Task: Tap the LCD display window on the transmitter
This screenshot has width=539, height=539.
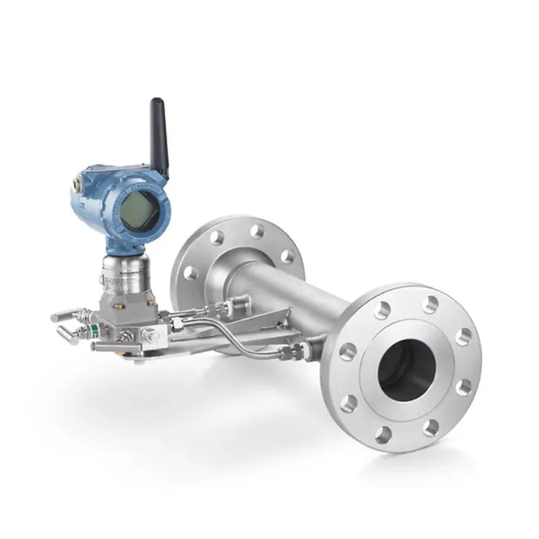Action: tap(139, 210)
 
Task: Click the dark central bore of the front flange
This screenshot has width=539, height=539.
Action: tap(406, 369)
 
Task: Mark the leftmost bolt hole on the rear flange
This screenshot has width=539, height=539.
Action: tap(191, 272)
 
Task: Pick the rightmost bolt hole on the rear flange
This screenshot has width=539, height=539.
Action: tap(288, 257)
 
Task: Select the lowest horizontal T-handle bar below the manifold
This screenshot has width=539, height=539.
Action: tap(115, 347)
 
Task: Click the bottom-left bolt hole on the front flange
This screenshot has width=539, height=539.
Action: tap(349, 403)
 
